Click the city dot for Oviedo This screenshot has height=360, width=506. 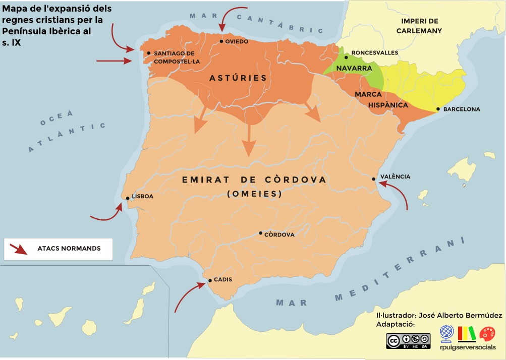(x=221, y=41)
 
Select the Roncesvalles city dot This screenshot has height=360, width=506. (x=346, y=57)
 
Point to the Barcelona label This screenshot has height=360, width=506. (x=462, y=109)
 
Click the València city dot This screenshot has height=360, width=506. (x=373, y=179)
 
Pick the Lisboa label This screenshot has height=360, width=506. (x=143, y=197)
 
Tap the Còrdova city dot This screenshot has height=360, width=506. (x=260, y=233)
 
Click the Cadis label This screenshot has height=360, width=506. (x=223, y=279)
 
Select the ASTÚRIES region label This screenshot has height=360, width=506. (x=238, y=78)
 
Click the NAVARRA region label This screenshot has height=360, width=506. (x=354, y=68)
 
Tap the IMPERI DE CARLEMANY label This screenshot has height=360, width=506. (x=419, y=26)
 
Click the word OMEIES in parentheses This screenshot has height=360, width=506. (x=254, y=193)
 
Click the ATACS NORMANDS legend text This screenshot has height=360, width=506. (x=69, y=249)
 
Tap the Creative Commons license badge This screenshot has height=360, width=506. (x=408, y=341)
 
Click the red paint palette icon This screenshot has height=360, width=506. (x=487, y=333)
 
